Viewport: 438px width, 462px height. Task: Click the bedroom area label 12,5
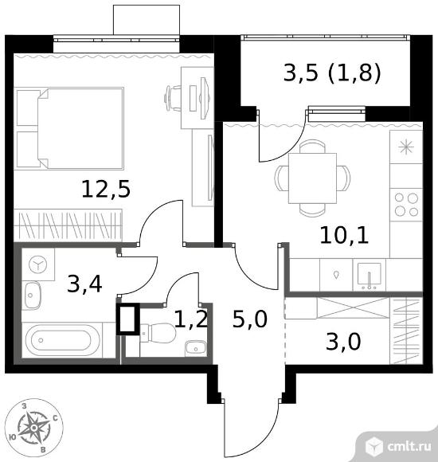pyautogui.click(x=106, y=189)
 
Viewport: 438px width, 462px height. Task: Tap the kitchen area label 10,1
pyautogui.click(x=344, y=235)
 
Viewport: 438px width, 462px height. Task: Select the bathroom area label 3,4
pyautogui.click(x=84, y=284)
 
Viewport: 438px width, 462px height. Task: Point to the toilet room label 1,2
pyautogui.click(x=191, y=319)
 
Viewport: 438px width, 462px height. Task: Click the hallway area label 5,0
pyautogui.click(x=250, y=319)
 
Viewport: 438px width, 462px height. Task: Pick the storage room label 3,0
pyautogui.click(x=343, y=342)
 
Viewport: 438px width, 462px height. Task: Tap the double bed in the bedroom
pyautogui.click(x=70, y=128)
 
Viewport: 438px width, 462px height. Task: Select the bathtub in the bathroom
pyautogui.click(x=62, y=340)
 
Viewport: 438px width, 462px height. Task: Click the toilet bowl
pyautogui.click(x=158, y=333)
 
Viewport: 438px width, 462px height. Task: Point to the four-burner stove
pyautogui.click(x=406, y=205)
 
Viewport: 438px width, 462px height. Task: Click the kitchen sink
pyautogui.click(x=369, y=275)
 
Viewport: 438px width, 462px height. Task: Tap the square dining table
pyautogui.click(x=312, y=178)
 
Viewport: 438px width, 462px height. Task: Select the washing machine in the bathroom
pyautogui.click(x=38, y=264)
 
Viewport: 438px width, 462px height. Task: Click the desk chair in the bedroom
pyautogui.click(x=173, y=98)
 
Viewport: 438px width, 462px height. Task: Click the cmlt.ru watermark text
pyautogui.click(x=409, y=446)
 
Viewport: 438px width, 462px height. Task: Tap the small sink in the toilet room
pyautogui.click(x=196, y=348)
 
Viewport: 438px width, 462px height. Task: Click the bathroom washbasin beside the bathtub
pyautogui.click(x=32, y=296)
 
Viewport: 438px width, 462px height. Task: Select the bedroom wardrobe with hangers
pyautogui.click(x=68, y=225)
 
